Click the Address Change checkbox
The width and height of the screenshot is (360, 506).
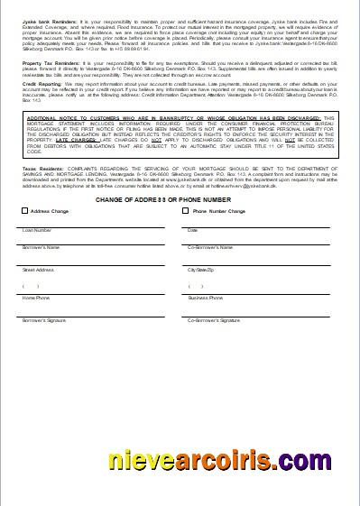tap(24, 211)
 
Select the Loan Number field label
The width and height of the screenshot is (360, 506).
tap(37, 230)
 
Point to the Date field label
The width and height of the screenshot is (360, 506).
tap(192, 230)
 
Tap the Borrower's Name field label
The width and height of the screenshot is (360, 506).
tap(41, 246)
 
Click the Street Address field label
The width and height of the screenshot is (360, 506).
tap(38, 269)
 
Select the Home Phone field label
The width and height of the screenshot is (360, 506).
tap(36, 297)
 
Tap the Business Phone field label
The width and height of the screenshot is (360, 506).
tap(205, 297)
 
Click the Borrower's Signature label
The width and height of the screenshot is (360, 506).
tap(44, 319)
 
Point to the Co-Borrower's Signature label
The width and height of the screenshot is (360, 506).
tap(214, 319)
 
